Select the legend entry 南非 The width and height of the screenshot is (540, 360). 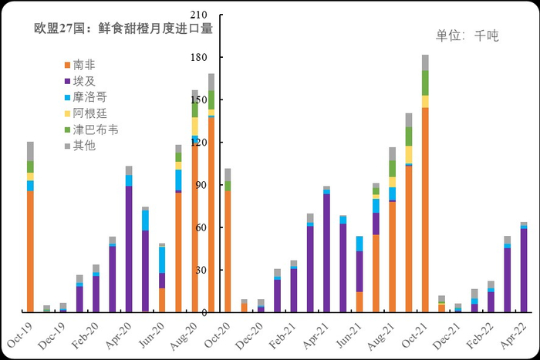click(85, 65)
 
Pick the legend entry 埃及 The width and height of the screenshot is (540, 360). click(85, 81)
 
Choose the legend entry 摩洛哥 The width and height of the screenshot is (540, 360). click(90, 97)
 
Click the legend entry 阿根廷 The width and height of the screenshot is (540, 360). click(90, 113)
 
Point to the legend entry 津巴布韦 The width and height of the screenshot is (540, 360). click(96, 130)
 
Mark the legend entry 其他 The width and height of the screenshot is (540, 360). click(85, 145)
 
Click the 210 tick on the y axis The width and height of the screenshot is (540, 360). click(199, 15)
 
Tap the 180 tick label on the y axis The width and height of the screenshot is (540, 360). click(199, 58)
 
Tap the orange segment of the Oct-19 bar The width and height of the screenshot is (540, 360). click(30, 251)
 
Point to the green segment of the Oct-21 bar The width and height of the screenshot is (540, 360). click(425, 82)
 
